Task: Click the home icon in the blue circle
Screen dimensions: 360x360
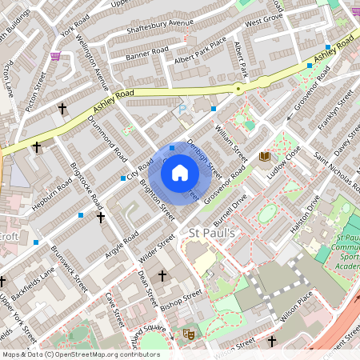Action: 180,173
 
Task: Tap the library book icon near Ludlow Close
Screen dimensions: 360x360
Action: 265,156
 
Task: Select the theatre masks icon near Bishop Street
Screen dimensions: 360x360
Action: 189,334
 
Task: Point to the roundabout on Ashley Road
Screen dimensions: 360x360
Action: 238,88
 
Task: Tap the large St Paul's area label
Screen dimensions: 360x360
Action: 210,233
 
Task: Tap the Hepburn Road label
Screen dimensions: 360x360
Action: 54,193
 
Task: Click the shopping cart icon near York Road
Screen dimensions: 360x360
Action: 56,56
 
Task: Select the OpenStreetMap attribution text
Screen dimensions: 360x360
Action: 81,354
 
